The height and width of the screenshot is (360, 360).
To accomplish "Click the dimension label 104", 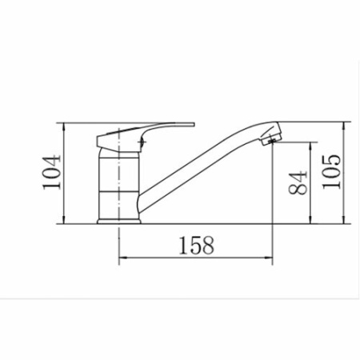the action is pos(52,172).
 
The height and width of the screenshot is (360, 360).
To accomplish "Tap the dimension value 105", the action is pos(331,172).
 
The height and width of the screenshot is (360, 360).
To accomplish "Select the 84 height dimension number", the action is pos(298,183).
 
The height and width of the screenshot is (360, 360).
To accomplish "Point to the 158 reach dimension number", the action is pos(197,246).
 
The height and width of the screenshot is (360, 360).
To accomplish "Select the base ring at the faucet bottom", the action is pos(118,222).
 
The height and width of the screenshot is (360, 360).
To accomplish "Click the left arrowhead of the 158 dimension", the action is pos(123,258).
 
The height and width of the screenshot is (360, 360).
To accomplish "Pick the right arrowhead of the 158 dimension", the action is pos(268,258).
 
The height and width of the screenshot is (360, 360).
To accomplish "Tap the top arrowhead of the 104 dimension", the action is pos(64,127).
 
